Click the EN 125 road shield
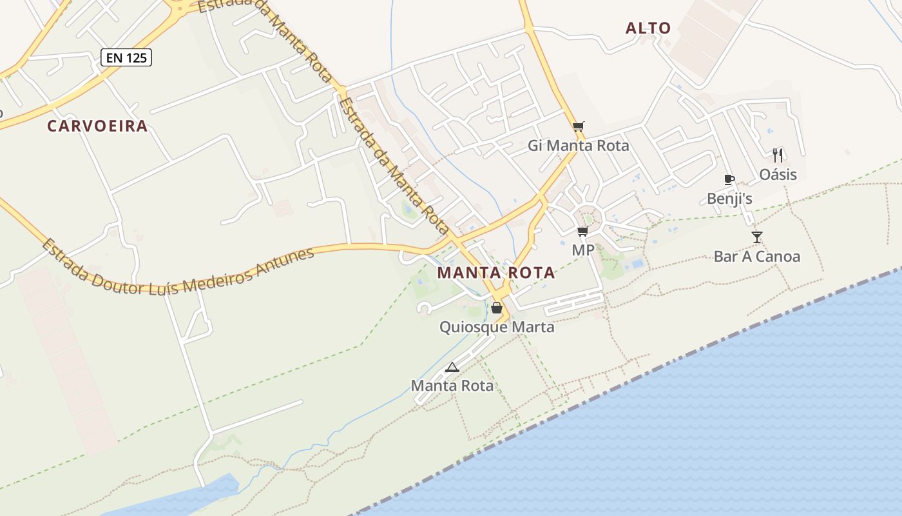coord(126,58)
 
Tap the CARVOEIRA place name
coord(97,126)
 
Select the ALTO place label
coord(648,28)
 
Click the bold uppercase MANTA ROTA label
coord(496,273)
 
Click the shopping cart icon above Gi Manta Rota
coord(579,126)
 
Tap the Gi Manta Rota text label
coord(579,146)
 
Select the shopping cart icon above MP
coord(582,231)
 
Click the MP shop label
coord(583,250)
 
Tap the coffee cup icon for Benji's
coord(729,179)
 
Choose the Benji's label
coord(729,199)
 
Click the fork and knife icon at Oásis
coord(778,155)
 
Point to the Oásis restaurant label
coord(778,175)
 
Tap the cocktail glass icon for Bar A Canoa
coord(756,237)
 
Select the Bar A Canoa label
coord(757,257)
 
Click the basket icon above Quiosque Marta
coord(496,308)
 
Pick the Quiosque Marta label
coord(497,327)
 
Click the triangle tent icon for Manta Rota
coord(452,368)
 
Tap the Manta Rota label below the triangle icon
coord(452,386)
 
